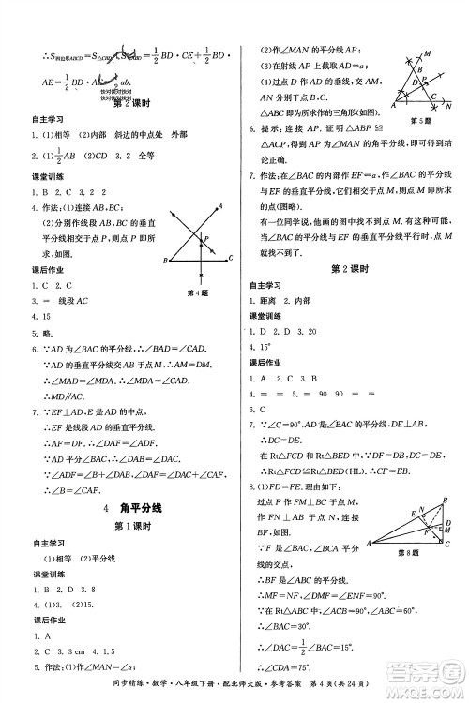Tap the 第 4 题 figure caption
coord(197,292)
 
